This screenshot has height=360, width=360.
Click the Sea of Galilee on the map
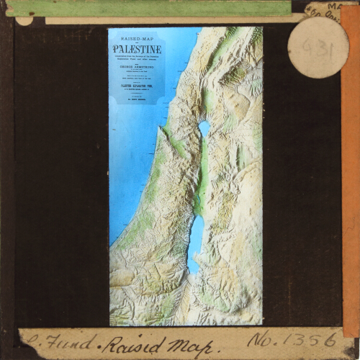(x=204, y=128)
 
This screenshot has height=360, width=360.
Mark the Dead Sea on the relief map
(x=196, y=241)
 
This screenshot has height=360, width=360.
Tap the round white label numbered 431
(x=318, y=47)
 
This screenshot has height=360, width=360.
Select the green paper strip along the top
(x=144, y=8)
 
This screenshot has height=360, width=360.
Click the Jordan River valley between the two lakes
(x=202, y=180)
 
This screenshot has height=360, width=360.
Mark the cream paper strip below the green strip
(x=166, y=19)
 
